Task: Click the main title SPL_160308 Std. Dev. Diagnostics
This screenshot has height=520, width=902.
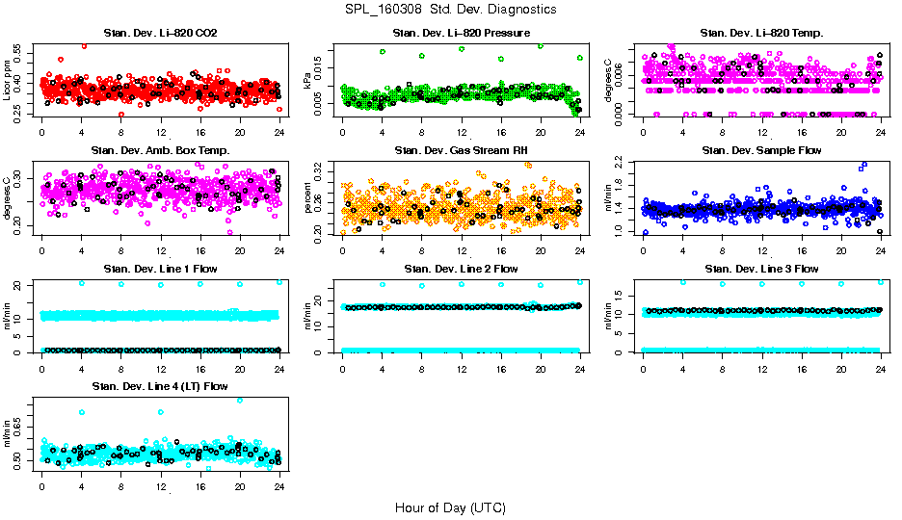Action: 450,10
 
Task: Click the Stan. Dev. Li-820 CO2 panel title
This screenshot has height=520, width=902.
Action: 160,34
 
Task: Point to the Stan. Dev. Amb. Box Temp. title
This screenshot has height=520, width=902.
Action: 160,150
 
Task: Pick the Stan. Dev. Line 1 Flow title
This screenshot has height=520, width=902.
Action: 160,268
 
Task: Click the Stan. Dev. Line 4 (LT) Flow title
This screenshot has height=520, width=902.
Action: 160,385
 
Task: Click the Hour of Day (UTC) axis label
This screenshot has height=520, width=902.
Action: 450,507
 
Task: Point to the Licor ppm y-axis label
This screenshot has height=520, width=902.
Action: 8,80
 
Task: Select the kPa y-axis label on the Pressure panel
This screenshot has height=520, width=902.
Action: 308,81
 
